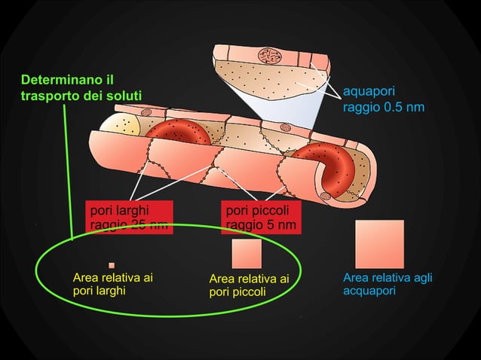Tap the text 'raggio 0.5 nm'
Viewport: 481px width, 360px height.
[383, 108]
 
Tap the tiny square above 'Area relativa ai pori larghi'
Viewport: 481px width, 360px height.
[112, 265]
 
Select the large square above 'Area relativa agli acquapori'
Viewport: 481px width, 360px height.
[379, 244]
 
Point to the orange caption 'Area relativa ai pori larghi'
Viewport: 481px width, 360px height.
[112, 284]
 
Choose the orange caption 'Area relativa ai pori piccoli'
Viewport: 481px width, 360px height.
[249, 285]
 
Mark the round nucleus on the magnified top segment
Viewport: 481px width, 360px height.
[268, 56]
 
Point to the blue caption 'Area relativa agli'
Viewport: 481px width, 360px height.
[387, 278]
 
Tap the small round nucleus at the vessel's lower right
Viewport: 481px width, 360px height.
[326, 197]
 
